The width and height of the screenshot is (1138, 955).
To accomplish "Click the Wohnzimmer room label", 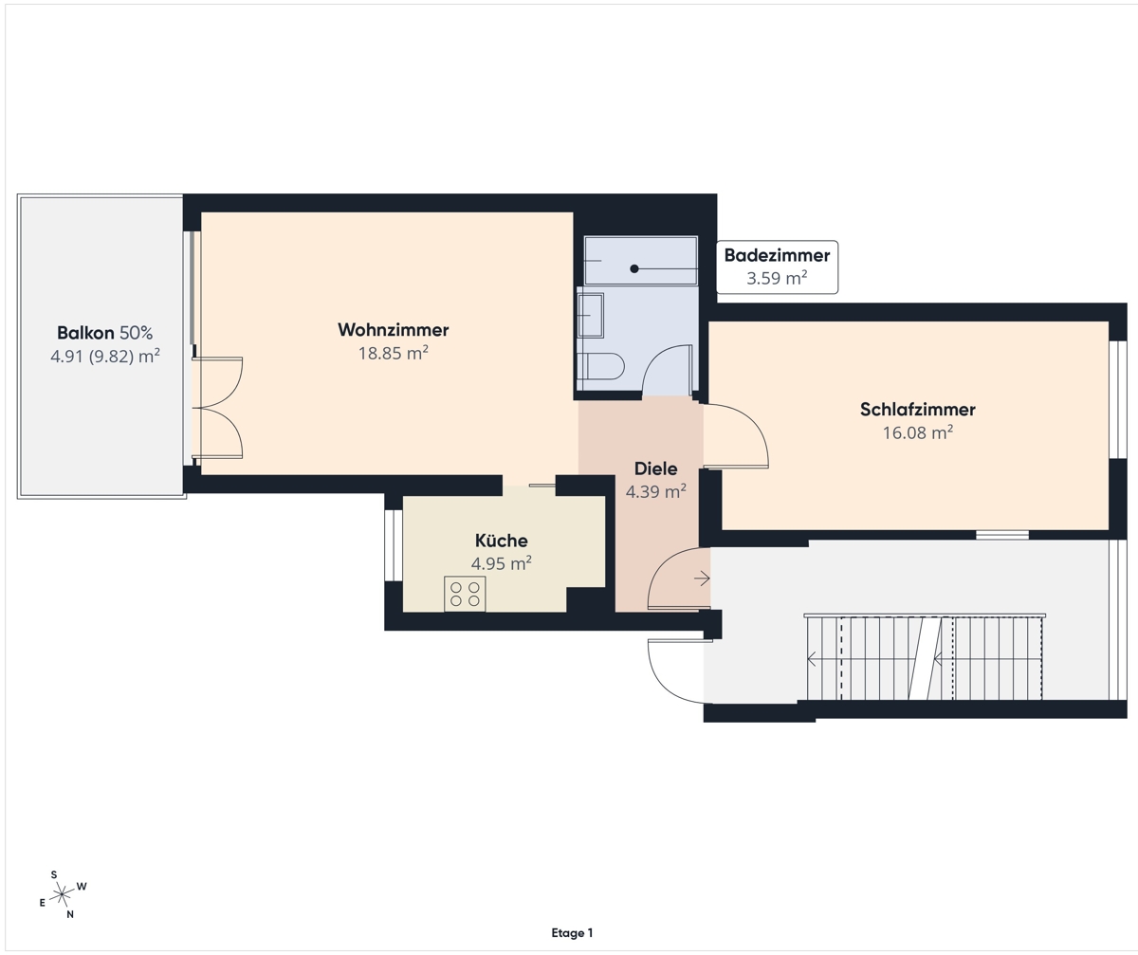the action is coord(393,330).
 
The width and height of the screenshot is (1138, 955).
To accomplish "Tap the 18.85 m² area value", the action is coord(393,353).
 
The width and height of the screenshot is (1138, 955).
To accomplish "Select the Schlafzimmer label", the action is coord(918,410).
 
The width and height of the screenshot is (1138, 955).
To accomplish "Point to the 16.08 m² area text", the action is coord(918,432).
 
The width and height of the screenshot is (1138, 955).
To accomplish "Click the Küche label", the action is coord(502,541).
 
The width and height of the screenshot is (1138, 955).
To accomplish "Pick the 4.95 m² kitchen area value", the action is coord(502,563).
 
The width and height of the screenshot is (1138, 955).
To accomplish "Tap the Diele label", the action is coord(655,468).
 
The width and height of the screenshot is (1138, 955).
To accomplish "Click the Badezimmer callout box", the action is coord(778,267).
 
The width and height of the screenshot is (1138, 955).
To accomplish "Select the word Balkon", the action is coord(85,333).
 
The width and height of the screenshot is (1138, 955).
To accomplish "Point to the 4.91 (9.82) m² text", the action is coord(105,357).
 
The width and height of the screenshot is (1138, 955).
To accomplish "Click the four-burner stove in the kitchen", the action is coord(465,594).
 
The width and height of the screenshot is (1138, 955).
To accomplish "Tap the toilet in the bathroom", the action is coord(601,366).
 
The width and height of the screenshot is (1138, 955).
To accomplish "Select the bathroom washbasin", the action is coord(590,316).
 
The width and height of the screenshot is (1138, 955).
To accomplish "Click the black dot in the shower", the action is coord(633,268).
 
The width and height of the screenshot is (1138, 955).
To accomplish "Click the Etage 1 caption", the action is coord(572,932).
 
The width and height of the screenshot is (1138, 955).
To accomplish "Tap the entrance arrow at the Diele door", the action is coord(702,579).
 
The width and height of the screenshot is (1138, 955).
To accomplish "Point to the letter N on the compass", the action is coord(70,914).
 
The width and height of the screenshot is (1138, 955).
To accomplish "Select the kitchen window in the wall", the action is coord(390,545).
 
